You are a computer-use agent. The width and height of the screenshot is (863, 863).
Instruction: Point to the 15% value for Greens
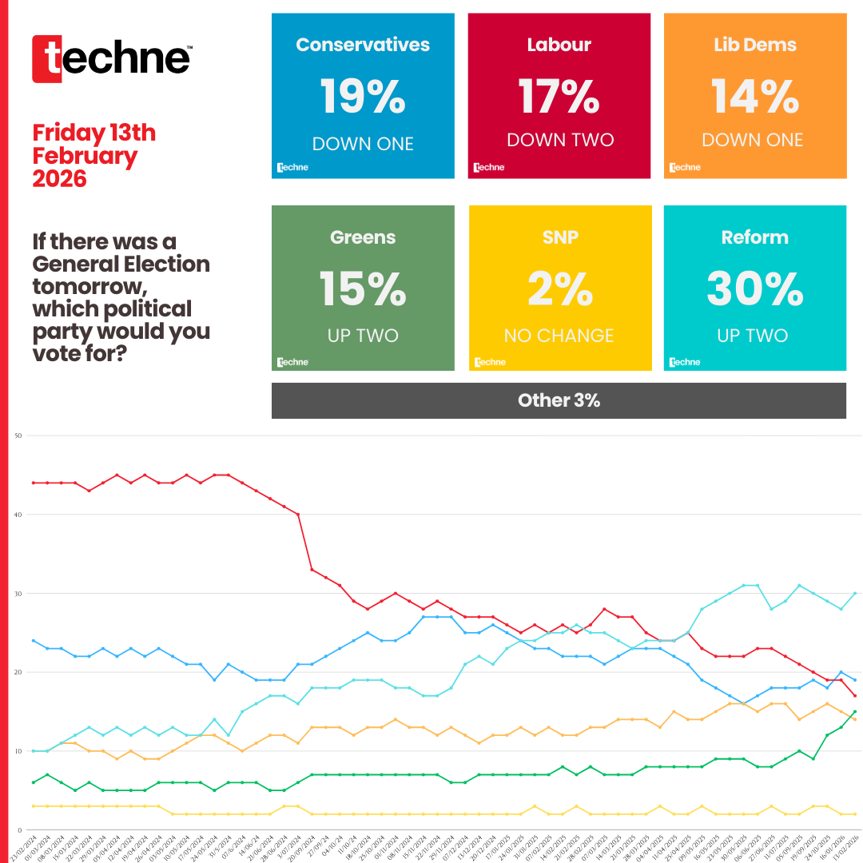point(363,288)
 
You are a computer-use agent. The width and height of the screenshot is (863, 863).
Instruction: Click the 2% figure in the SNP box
point(559,288)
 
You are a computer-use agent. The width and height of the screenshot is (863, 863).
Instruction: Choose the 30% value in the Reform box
point(754,288)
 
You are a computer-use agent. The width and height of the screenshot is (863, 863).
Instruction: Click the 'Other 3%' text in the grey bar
point(559,400)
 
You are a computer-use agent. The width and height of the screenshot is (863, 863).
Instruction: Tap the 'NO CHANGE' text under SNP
point(559,336)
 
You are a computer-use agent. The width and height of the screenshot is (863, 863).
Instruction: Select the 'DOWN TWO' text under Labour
point(560,140)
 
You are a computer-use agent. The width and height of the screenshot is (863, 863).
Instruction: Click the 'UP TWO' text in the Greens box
point(363,336)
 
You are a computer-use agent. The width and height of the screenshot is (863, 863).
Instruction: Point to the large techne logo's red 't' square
point(47,59)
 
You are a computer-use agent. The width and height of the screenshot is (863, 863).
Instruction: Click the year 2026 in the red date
point(59,178)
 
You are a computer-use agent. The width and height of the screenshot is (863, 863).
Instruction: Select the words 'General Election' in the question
point(121,264)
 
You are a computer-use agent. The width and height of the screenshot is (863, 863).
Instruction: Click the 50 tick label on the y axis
point(18,435)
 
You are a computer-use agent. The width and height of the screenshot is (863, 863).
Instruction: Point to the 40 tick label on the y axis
point(18,515)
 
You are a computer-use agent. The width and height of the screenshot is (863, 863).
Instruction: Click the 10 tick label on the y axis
point(18,751)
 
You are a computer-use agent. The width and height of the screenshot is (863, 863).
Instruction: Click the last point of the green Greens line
point(855,711)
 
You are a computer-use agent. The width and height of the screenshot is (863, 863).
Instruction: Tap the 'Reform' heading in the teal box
point(754,237)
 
